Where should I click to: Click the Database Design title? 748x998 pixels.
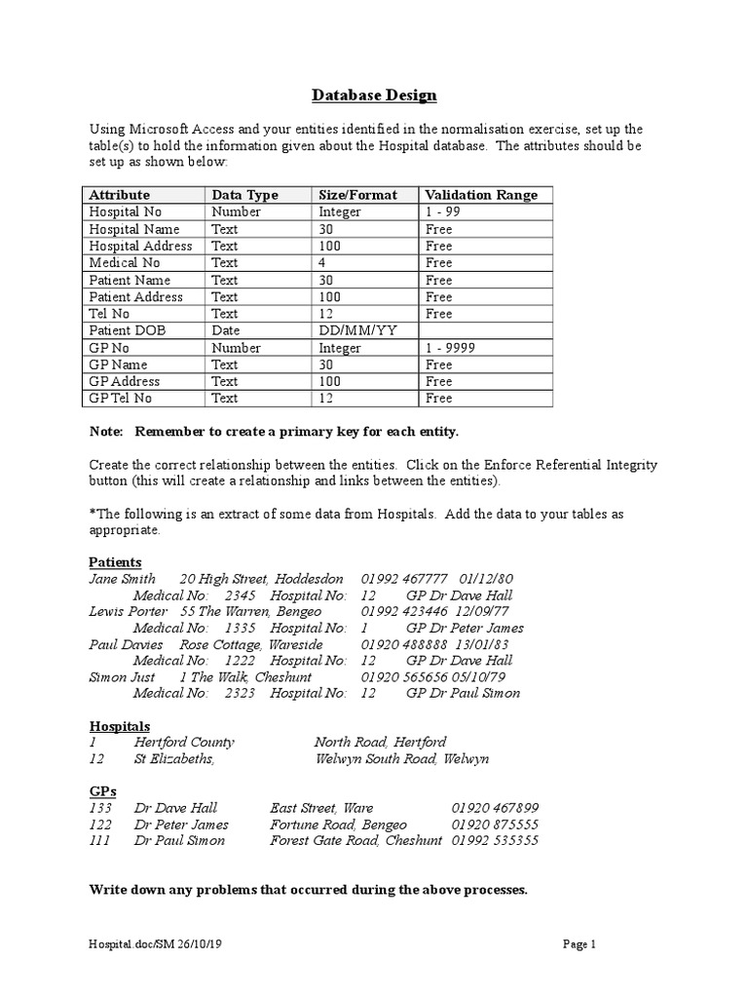click(x=374, y=96)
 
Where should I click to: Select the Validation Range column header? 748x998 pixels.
click(x=481, y=195)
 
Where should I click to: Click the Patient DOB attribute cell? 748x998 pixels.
click(x=128, y=330)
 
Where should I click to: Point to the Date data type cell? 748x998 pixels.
click(x=226, y=330)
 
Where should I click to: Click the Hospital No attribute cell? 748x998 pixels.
click(x=126, y=211)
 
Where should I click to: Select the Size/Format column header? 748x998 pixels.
click(x=357, y=195)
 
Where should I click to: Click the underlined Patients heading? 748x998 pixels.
click(x=115, y=562)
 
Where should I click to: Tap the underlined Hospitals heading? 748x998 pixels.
click(x=120, y=726)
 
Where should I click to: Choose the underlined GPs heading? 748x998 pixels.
click(x=102, y=792)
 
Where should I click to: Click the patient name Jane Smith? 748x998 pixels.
click(x=122, y=579)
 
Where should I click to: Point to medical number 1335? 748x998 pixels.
click(x=240, y=628)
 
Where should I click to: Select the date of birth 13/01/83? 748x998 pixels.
click(x=481, y=644)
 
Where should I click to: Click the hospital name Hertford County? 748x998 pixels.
click(x=184, y=742)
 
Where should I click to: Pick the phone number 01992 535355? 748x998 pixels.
click(x=495, y=840)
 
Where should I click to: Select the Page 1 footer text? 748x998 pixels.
click(x=579, y=943)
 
